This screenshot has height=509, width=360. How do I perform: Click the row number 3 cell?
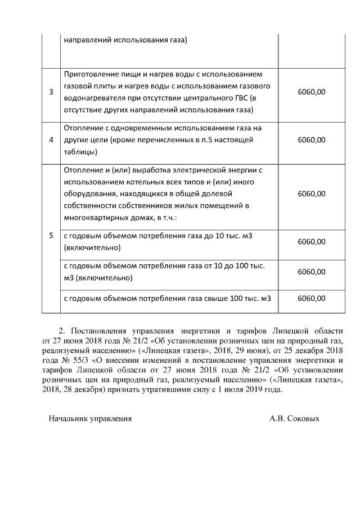coord(51,92)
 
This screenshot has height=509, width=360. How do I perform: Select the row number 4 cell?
coord(51,139)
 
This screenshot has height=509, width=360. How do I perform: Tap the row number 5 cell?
coord(51,236)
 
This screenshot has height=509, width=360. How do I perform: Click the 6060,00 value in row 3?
coord(311,92)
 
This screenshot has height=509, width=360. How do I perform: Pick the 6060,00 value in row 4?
coord(311,139)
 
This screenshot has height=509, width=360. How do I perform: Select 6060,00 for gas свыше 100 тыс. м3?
coord(311,298)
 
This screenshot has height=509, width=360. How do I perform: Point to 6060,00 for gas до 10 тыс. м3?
coord(311,241)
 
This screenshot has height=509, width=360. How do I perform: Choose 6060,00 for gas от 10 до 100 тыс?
coord(311,272)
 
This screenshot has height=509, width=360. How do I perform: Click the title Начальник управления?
coord(90,418)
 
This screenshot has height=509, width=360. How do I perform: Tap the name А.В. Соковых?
coord(294,418)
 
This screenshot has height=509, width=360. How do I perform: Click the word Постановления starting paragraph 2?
coord(98,331)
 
